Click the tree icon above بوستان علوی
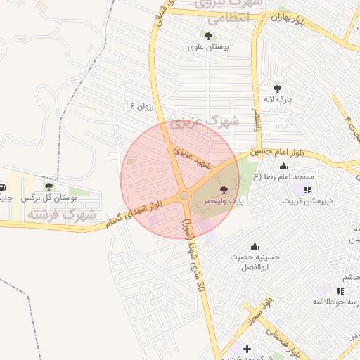coord(207,35)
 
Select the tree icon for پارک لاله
coord(277,89)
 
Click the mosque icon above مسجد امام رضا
coord(283,167)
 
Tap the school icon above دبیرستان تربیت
coord(307,190)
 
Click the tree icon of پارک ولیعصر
coord(224,190)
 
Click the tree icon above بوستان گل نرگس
coord(48,186)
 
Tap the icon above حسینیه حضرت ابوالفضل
coord(255,246)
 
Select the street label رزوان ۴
coord(141,106)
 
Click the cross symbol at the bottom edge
coord(247,349)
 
